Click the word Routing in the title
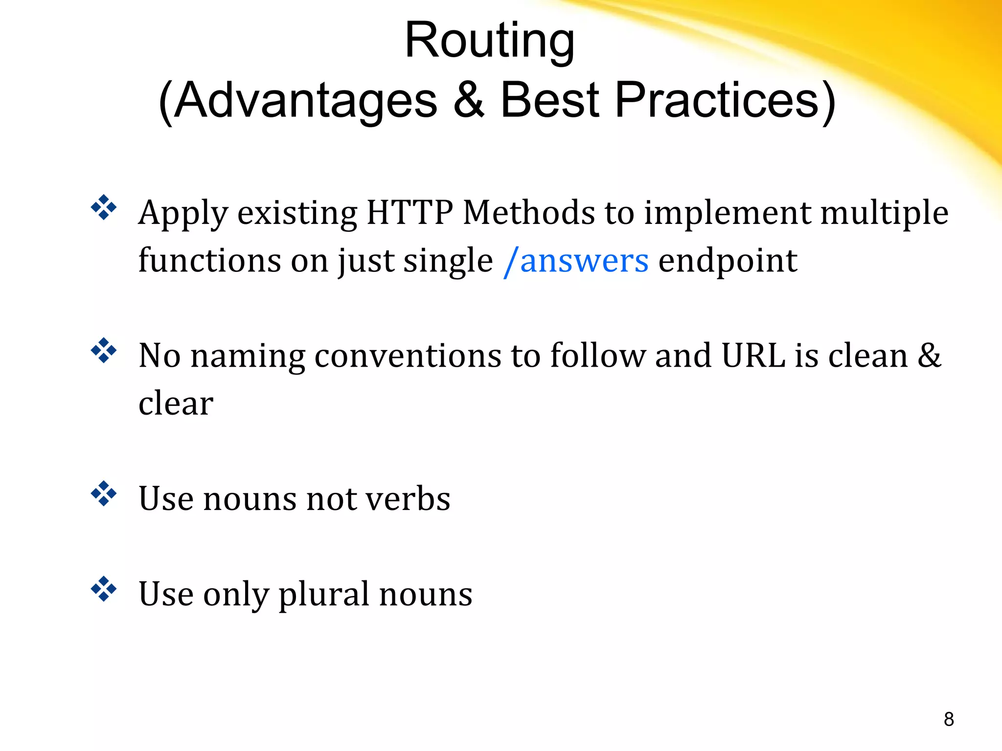(x=489, y=42)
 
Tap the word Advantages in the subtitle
(x=305, y=101)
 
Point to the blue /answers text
(x=576, y=261)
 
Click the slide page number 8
(x=949, y=719)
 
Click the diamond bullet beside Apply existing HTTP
(x=104, y=207)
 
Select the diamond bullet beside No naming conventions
(x=104, y=351)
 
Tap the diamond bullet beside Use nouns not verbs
(x=104, y=494)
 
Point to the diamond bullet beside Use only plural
(x=104, y=589)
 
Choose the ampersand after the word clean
(x=929, y=355)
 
